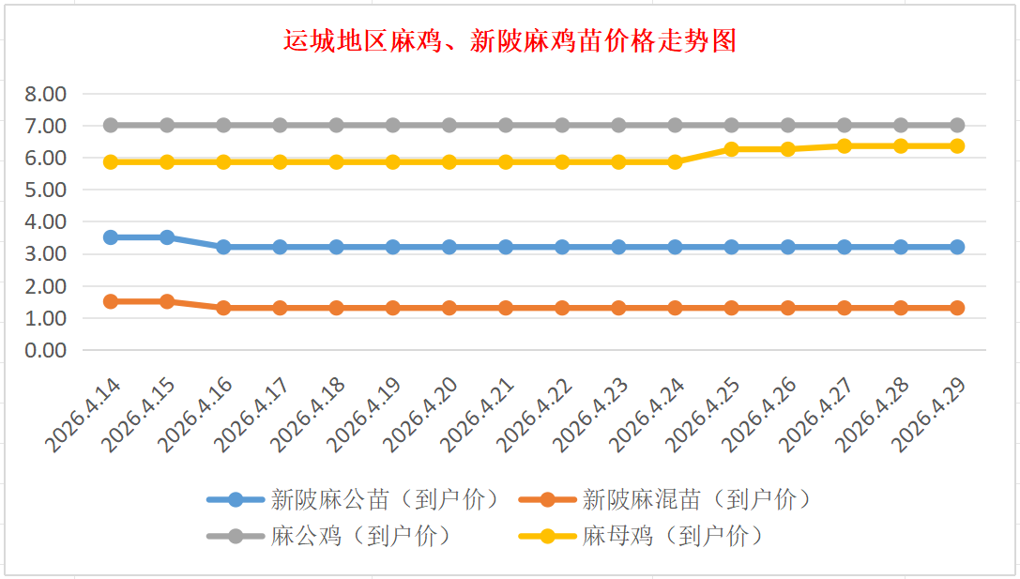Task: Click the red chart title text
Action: pos(510,42)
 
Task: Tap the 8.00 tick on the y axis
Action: pos(46,94)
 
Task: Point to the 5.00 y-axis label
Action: pos(46,190)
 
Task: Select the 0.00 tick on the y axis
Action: pos(46,350)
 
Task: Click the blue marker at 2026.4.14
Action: pos(111,237)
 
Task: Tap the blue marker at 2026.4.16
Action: pos(223,247)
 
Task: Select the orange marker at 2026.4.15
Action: pos(167,301)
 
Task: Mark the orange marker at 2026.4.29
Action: pos(957,308)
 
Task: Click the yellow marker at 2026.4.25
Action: pos(732,149)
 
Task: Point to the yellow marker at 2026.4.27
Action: pos(845,145)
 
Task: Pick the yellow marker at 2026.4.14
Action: pos(111,161)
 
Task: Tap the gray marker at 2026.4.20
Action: pos(449,125)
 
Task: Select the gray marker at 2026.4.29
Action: pos(957,125)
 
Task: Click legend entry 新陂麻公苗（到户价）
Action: pos(385,499)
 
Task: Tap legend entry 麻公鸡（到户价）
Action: pos(361,536)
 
